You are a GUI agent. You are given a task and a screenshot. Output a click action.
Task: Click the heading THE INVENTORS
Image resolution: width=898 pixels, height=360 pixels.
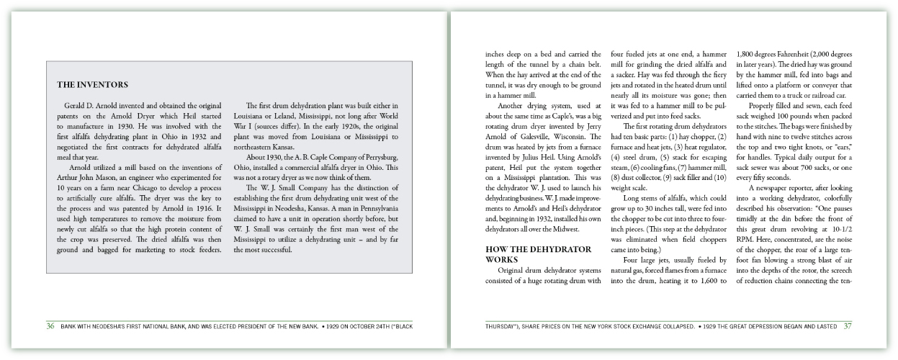92,85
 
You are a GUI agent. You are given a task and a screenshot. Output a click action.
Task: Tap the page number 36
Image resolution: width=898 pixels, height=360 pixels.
50,326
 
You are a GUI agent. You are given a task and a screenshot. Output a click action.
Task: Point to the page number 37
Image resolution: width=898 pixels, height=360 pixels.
847,326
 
